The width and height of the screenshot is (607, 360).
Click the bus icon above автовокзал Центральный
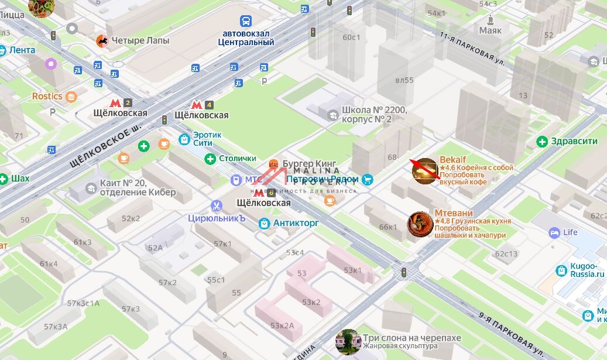click(x=248, y=21)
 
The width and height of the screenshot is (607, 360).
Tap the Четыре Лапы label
click(x=140, y=40)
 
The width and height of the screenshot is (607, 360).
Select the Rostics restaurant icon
click(x=71, y=97)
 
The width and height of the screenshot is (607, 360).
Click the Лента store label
click(x=22, y=50)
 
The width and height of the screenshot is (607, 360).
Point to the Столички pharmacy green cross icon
click(x=210, y=159)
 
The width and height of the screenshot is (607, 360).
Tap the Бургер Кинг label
click(x=309, y=163)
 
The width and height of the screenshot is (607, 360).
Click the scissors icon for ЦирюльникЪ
click(x=217, y=206)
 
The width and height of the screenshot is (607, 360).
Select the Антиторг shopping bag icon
click(x=264, y=223)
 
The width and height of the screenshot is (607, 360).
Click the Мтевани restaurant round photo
click(x=420, y=225)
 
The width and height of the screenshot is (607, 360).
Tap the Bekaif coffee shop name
click(x=453, y=160)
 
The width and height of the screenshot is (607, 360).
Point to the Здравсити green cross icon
click(x=542, y=141)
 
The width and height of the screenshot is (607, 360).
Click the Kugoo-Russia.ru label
click(x=587, y=270)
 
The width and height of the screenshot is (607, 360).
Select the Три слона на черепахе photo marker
click(x=348, y=342)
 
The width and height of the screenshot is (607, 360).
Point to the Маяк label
click(x=490, y=30)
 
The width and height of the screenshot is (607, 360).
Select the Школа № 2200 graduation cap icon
click(x=333, y=114)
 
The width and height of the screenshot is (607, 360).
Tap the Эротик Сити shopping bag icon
click(x=184, y=139)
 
